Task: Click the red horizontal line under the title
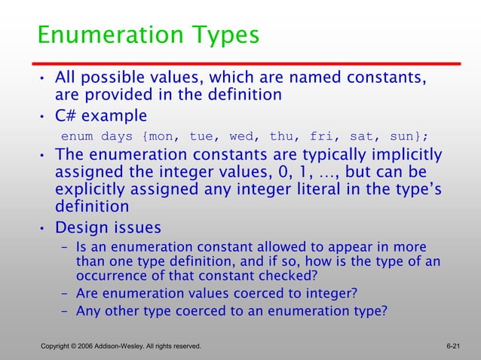pyautogui.click(x=249, y=64)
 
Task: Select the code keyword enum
pyautogui.click(x=77, y=136)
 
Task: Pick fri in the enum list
pyautogui.click(x=321, y=136)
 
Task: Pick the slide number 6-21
pyautogui.click(x=453, y=346)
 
